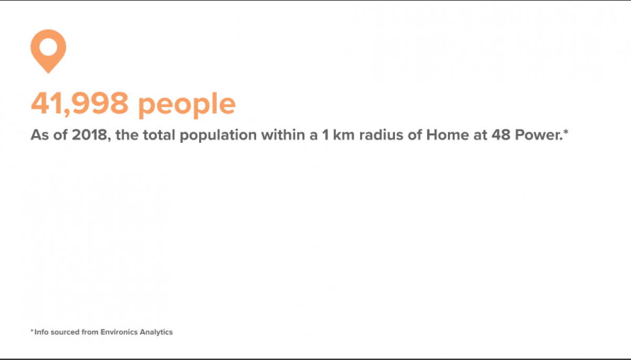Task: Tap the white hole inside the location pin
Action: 48,46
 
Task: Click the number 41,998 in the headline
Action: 79,104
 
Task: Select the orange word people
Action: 187,105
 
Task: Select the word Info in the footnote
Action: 40,332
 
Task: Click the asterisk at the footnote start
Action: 32,331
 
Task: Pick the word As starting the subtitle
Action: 38,136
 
